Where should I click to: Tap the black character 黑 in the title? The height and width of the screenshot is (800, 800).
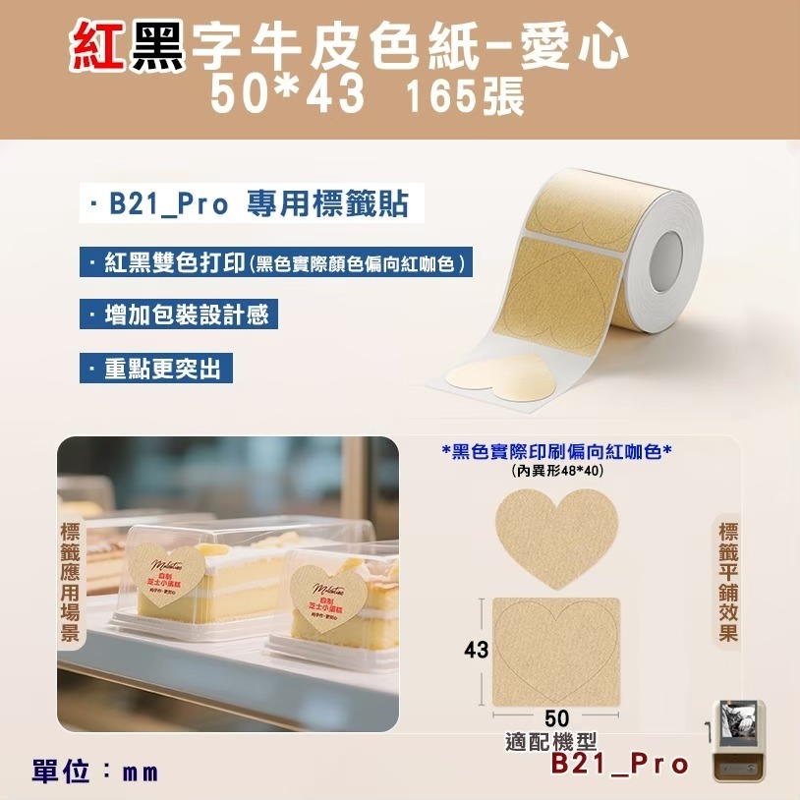[158, 47]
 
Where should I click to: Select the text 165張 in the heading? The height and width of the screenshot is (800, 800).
[463, 97]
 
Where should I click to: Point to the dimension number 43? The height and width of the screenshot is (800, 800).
[476, 650]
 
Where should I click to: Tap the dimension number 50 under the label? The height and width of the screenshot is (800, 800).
[557, 719]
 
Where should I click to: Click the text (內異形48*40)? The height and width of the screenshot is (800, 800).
[557, 471]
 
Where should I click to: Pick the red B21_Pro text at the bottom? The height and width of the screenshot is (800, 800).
[619, 764]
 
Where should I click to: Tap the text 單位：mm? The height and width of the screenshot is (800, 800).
[94, 771]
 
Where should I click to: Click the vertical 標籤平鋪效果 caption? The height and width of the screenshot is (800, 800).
[727, 582]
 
